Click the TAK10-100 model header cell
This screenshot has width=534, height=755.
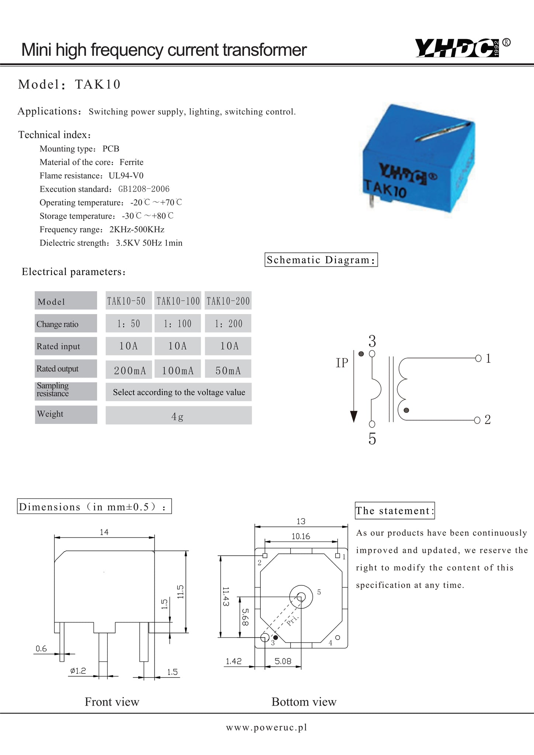coord(178,301)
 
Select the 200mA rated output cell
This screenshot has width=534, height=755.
coord(129,370)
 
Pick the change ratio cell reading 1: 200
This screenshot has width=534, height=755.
coord(228,324)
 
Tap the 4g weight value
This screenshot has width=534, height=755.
coord(177,417)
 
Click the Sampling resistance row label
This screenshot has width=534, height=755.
coord(53,390)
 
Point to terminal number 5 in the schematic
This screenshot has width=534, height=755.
coord(372,439)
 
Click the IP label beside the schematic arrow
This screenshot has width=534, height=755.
coord(342,363)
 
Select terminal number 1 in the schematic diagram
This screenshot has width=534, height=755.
coord(488,358)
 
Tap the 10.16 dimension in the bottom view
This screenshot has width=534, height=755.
coord(301,536)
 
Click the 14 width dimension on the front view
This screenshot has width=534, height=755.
coord(104,532)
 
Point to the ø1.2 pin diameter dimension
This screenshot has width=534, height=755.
coord(78,671)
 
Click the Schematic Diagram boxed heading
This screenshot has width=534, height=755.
coord(321,260)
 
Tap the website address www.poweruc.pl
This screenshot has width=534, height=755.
coord(266,727)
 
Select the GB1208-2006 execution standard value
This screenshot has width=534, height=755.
coord(144,189)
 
